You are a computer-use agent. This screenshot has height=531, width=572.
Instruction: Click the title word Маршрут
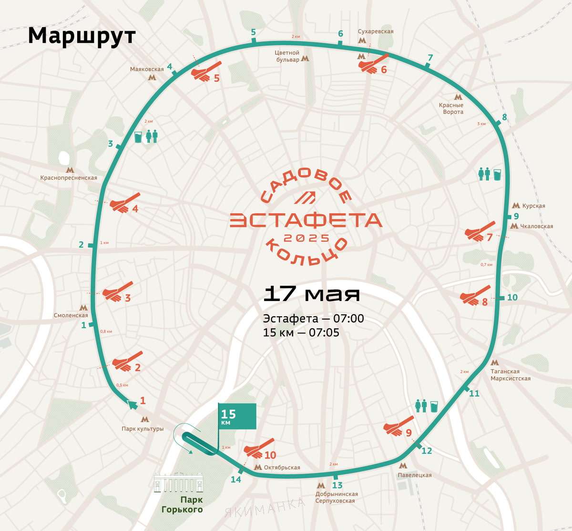coord(82,36)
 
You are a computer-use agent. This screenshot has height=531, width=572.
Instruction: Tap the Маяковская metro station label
coord(147,70)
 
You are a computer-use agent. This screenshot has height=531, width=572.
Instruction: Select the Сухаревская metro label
coord(376,31)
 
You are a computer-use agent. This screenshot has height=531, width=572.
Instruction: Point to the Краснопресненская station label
coord(69,178)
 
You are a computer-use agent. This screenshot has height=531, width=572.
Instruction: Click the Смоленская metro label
coord(71,315)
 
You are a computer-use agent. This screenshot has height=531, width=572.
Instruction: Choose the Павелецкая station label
coord(415,475)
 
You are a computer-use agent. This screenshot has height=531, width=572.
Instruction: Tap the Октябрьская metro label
coord(282,467)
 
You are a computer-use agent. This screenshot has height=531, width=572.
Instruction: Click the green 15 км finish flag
coord(237,416)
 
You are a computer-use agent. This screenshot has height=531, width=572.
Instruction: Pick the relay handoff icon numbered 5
coord(206,72)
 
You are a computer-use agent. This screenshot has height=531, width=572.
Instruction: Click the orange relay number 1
coord(143,401)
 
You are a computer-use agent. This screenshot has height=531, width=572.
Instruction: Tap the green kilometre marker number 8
coord(504,117)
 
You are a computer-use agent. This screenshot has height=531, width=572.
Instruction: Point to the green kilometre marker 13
coord(337,485)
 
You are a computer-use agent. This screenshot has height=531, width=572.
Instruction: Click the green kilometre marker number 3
coord(111,144)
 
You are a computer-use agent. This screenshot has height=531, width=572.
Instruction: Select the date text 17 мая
coord(311,294)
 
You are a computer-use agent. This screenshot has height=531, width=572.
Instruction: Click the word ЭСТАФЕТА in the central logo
coord(306,220)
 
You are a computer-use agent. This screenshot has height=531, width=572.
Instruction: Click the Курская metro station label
coord(533,206)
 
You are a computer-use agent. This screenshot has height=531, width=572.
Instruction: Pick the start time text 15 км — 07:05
coord(301,332)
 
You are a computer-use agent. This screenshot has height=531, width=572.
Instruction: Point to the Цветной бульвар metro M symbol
coord(306,59)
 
